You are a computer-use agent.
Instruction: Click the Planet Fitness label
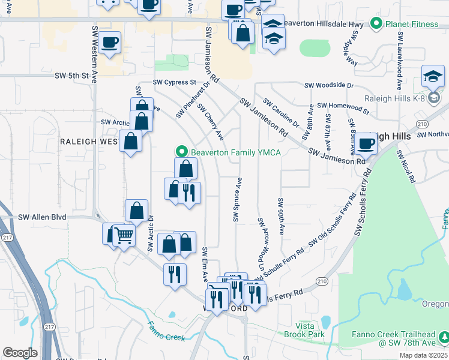[x=414, y=25]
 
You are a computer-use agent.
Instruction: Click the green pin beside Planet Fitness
[x=376, y=25]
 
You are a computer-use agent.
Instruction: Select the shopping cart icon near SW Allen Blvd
[x=124, y=236]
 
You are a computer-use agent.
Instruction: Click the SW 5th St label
[x=71, y=76]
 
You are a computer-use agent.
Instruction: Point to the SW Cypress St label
[x=175, y=82]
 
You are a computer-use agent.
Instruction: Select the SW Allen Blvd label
[x=42, y=217]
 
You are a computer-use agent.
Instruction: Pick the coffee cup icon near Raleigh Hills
[x=366, y=143]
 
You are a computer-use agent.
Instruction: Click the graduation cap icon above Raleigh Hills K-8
[x=433, y=76]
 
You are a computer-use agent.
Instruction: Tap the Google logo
[x=20, y=352]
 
